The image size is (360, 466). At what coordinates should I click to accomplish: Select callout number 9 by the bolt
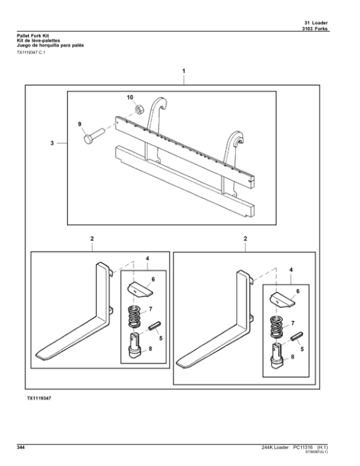click(79, 124)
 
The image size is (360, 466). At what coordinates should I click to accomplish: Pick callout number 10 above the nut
click(130, 97)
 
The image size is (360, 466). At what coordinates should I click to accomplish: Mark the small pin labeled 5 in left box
click(152, 329)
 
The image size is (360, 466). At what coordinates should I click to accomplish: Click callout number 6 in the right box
click(296, 291)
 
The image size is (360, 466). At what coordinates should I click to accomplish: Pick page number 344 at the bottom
click(21, 448)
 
